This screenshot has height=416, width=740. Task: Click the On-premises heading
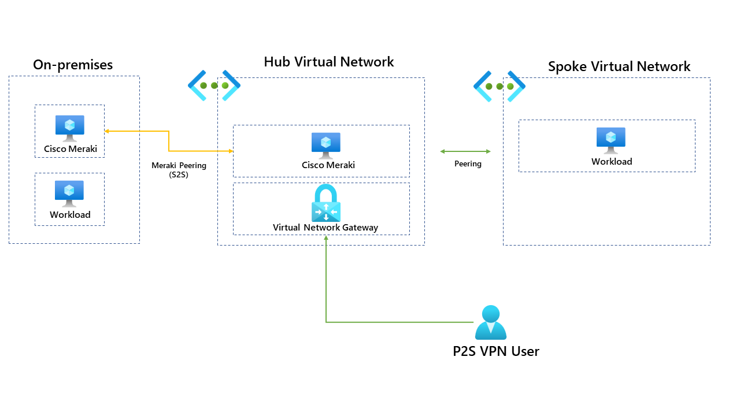73,65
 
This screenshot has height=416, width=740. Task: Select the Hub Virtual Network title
328,62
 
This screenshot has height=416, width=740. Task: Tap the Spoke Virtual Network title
619,66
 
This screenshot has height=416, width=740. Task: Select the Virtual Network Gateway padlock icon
326,203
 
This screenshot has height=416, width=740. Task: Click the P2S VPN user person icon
490,322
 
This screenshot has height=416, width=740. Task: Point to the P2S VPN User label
495,351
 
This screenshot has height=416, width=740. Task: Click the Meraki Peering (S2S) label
179,170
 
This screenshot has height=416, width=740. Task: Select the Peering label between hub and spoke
468,164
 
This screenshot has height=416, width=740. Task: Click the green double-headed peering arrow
465,151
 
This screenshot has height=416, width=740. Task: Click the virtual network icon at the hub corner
214,86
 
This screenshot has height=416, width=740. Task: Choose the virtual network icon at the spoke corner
499,86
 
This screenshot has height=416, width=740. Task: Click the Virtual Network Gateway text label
325,228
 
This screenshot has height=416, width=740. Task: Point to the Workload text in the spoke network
612,162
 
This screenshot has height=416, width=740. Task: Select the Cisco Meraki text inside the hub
328,165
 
